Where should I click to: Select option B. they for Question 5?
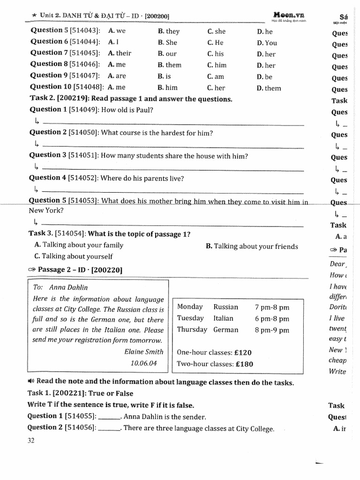pos(169,31)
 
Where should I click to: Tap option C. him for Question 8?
pos(217,65)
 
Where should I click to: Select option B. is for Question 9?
pos(165,76)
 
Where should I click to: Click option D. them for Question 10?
pos(269,88)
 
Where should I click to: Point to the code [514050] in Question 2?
pos(83,133)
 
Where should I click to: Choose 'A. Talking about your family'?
pos(79,245)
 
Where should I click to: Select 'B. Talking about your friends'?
pos(252,246)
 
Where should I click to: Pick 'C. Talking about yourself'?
pos(74,256)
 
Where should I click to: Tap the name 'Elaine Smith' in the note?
pos(144,352)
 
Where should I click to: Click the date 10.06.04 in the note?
pos(143,363)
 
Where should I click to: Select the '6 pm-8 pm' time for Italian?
pos(272,319)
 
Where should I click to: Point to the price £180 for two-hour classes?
pos(244,364)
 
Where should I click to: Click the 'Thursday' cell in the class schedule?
pos(192,330)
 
